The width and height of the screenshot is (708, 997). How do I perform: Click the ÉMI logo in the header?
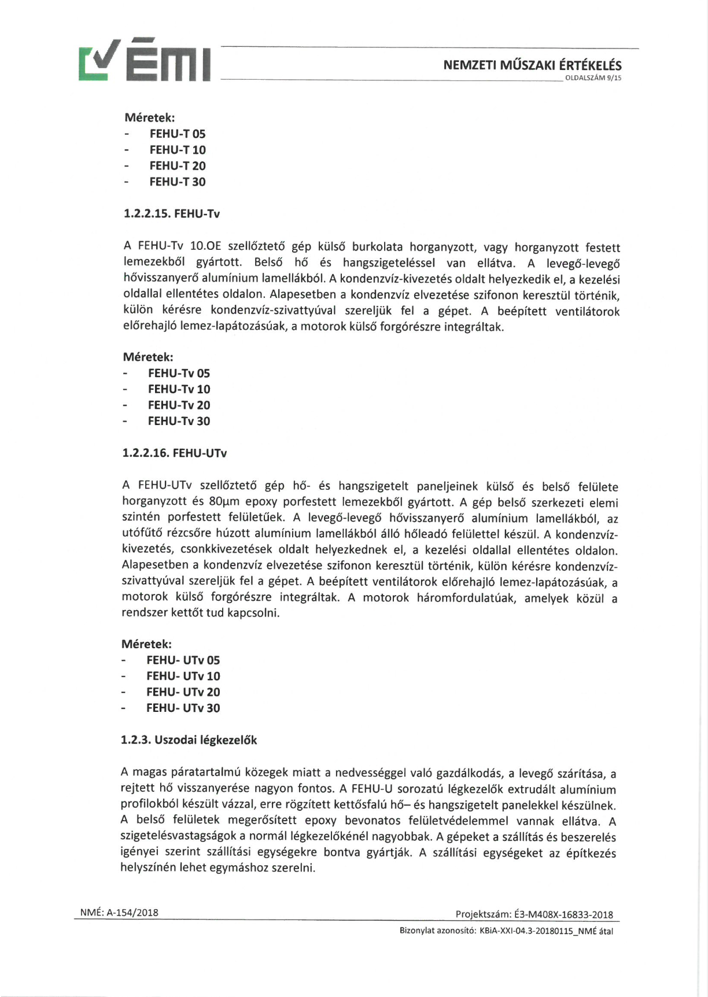coord(145,60)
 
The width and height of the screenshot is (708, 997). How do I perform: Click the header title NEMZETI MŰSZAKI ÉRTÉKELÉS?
coord(532,65)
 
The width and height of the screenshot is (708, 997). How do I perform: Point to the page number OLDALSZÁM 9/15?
coord(593,78)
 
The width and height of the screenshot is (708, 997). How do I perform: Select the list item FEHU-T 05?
coord(177,134)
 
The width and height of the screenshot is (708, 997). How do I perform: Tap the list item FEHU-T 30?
coord(177,182)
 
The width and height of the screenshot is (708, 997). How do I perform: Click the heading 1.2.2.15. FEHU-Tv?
coord(172,214)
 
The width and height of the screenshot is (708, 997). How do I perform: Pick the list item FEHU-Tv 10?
coord(179,389)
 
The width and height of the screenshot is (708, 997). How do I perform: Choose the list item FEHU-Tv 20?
coord(179,405)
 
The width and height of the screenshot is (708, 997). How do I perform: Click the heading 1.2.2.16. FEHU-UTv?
coord(174,453)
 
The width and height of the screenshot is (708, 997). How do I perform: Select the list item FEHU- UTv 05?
coord(183,660)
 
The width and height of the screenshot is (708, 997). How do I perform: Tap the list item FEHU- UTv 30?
coord(183,708)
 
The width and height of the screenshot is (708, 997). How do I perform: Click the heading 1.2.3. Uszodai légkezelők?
coord(189,740)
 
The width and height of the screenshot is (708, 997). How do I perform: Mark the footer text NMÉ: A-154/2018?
coord(119,913)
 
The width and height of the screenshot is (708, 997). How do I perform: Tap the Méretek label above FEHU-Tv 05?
coord(147,357)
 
